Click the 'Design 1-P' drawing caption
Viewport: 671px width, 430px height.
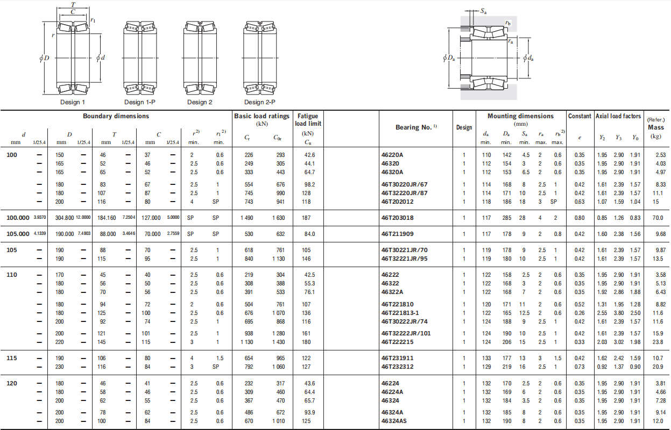pyautogui.click(x=140, y=102)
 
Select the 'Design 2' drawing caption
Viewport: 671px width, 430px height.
pyautogui.click(x=200, y=102)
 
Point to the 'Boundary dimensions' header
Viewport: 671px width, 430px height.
pyautogui.click(x=116, y=116)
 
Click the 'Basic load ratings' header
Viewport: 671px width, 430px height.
pyautogui.click(x=262, y=116)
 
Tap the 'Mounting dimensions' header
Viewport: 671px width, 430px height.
pyautogui.click(x=521, y=116)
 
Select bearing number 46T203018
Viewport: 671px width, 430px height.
pyautogui.click(x=398, y=218)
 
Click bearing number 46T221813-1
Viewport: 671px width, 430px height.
pyautogui.click(x=400, y=313)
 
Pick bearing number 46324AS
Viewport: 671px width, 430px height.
pyautogui.click(x=394, y=421)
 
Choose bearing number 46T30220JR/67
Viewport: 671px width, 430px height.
pyautogui.click(x=405, y=184)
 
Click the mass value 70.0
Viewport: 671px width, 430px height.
pyautogui.click(x=658, y=218)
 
